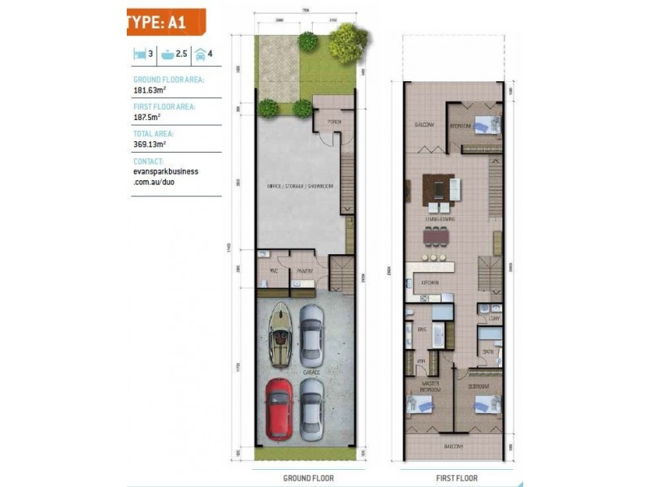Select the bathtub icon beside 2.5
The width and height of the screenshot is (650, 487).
[x=168, y=54]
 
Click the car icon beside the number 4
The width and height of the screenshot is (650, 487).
[x=200, y=54]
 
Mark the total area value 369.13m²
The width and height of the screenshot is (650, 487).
[x=152, y=144]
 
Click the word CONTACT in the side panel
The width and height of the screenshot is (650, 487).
[x=148, y=161]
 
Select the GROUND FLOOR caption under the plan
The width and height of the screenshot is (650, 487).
[x=308, y=478]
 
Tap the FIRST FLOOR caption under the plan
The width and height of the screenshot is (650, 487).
[x=455, y=478]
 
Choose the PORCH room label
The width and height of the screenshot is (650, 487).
[x=333, y=122]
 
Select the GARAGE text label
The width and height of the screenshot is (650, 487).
[x=313, y=372]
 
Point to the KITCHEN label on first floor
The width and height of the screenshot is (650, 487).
[x=430, y=282]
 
